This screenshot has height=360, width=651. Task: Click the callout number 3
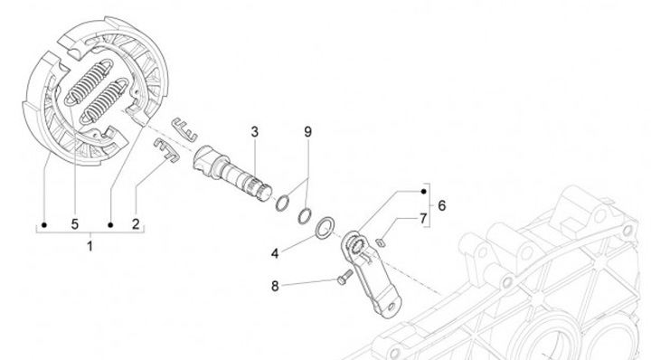254,132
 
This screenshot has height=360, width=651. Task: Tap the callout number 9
307,132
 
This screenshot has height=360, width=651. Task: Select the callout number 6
442,205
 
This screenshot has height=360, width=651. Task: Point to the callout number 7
423,218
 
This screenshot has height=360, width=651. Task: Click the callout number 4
275,253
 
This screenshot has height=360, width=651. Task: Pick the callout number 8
275,286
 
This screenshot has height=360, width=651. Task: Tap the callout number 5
75,224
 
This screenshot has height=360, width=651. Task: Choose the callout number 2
136,224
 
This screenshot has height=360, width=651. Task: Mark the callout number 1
90,246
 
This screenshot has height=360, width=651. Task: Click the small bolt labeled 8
345,277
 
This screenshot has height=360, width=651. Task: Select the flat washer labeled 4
325,228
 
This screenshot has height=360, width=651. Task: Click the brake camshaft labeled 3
232,174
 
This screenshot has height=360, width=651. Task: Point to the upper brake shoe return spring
88,81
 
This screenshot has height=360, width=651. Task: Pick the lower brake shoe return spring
104,100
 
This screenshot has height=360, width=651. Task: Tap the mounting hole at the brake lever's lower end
392,307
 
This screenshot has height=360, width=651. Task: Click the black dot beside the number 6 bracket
423,192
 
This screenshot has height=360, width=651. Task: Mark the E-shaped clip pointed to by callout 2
166,149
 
